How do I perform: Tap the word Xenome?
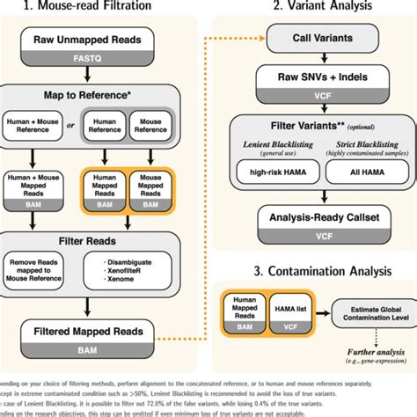[125, 282]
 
